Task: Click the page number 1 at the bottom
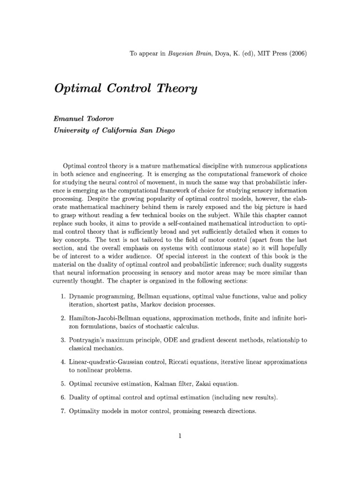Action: point(180,435)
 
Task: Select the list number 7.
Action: point(63,411)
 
